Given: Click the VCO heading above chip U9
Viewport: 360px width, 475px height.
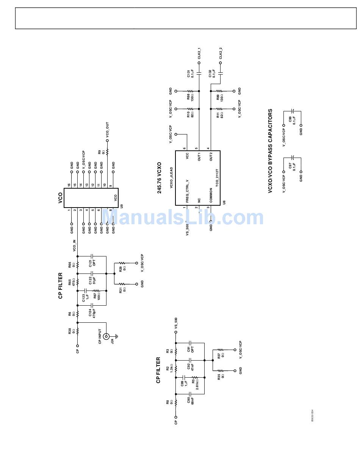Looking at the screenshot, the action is [x=60, y=198].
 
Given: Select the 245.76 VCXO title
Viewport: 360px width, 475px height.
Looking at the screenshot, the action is [x=160, y=178].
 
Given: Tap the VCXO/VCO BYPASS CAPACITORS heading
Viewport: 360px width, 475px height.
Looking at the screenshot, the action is [x=270, y=151].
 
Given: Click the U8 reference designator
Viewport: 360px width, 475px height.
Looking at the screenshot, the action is [x=224, y=203].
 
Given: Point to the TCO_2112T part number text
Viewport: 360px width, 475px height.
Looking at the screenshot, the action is [x=217, y=177].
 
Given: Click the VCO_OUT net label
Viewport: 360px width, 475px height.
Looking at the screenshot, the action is [x=107, y=129].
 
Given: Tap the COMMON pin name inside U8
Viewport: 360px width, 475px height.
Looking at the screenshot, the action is [x=211, y=195].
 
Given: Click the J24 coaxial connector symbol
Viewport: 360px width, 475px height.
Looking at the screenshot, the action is [x=107, y=336].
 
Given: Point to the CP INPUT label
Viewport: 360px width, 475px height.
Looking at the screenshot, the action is [x=100, y=336].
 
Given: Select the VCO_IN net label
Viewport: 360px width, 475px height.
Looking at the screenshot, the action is [x=74, y=245].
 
